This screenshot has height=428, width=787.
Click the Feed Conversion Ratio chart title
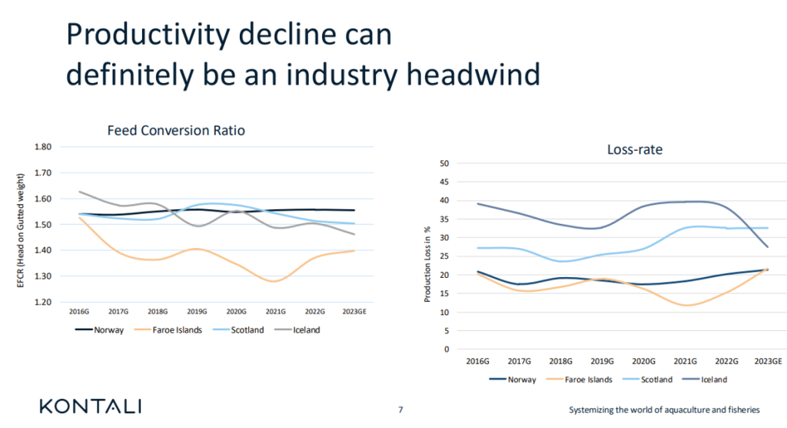point(176,131)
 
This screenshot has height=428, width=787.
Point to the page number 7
point(400,409)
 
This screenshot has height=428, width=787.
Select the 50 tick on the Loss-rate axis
point(443,163)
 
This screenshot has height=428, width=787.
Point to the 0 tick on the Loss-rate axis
point(446,349)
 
